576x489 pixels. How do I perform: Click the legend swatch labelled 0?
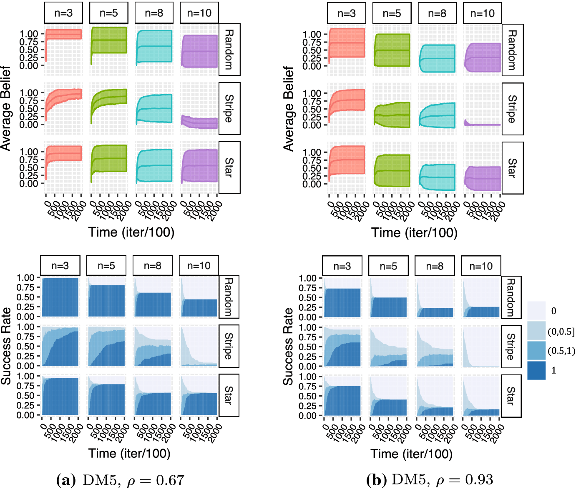coord(536,311)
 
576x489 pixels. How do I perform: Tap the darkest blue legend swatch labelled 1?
coord(536,370)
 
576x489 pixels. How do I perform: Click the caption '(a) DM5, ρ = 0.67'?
coord(120,480)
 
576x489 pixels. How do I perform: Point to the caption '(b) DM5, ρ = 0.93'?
coord(430,480)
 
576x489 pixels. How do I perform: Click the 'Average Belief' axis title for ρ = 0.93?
coord(289,109)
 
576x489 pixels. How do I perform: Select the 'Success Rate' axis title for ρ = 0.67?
coord(6,346)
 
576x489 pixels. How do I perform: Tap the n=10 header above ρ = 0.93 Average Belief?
coord(482,13)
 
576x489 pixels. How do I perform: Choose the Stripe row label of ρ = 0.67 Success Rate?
coord(229,346)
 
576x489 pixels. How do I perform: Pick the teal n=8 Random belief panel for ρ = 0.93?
coord(437,50)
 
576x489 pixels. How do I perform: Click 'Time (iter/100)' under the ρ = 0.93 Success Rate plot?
coord(411,454)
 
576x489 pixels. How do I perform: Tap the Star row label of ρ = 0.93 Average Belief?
coord(513,168)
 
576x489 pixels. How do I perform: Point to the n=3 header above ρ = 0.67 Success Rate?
coord(60,266)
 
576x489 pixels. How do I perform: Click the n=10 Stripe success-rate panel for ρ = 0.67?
coord(199,346)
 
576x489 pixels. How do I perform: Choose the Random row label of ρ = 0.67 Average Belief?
coord(229,50)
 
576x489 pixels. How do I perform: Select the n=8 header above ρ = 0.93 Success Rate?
coord(435,266)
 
